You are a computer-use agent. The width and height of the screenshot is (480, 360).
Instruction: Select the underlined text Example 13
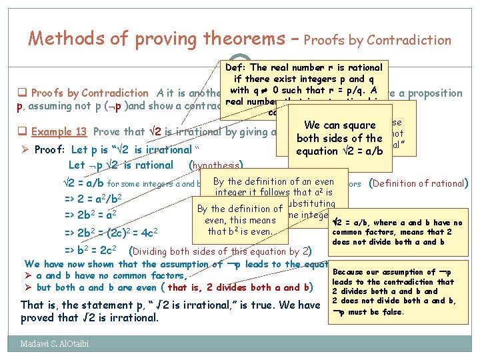(x=61, y=131)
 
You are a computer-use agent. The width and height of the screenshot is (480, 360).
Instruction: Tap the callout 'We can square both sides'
(x=340, y=138)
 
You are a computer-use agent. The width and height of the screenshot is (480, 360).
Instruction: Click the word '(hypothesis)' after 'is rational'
(x=215, y=165)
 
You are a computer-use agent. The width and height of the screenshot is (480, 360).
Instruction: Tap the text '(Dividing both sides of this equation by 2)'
(x=220, y=251)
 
